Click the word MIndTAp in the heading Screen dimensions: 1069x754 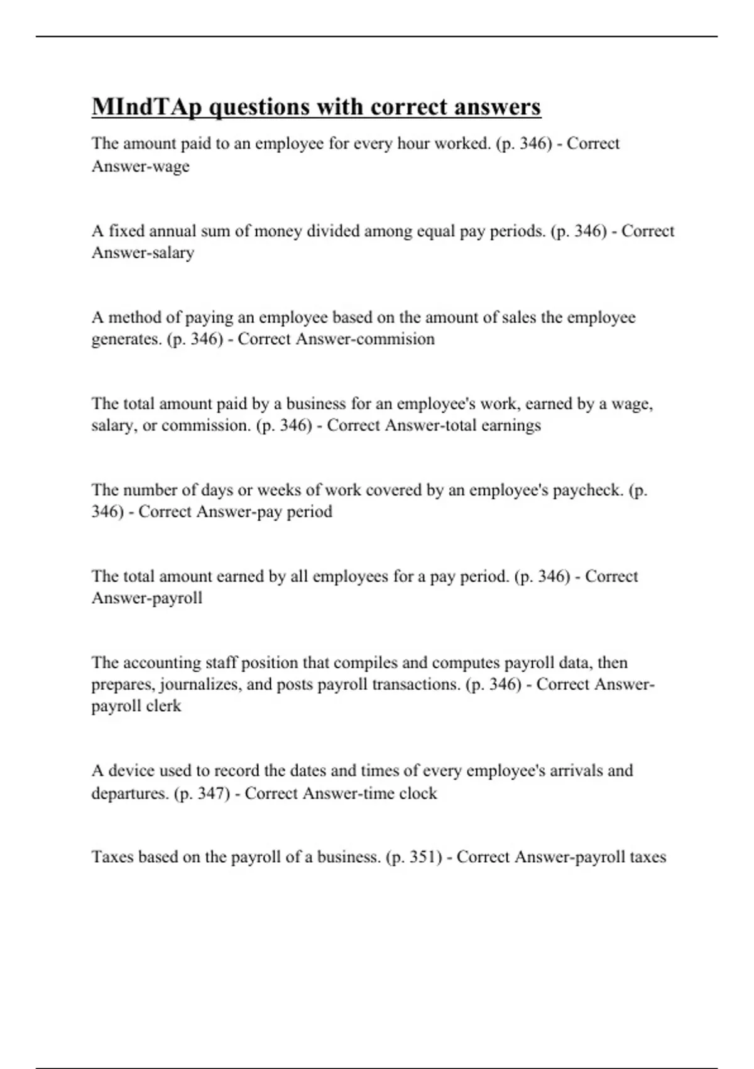coord(147,107)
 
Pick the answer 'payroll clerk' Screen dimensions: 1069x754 coord(136,706)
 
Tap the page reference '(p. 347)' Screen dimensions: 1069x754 coord(202,794)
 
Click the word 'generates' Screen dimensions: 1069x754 coord(126,339)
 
